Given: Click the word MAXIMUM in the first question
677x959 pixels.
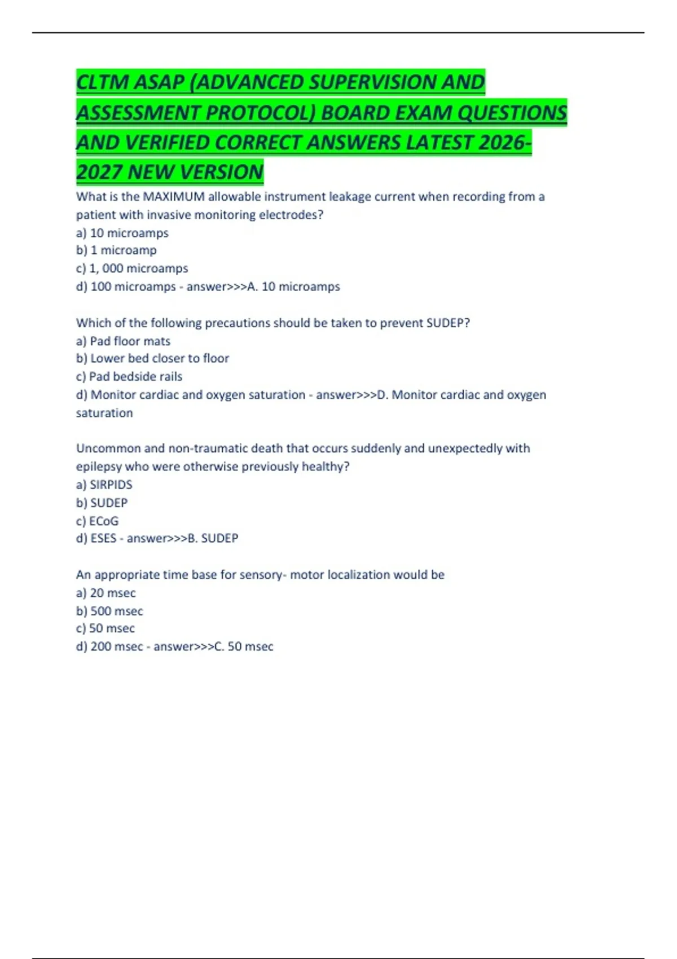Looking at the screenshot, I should coord(174,197).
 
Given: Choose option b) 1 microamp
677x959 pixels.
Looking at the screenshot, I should coord(116,250).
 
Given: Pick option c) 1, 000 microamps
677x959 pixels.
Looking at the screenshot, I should coord(132,268).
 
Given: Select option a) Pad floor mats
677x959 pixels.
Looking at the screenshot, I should coord(123,341).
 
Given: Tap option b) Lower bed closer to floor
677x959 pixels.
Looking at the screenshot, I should coord(152,358).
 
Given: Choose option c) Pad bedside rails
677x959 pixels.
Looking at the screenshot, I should coord(129,376).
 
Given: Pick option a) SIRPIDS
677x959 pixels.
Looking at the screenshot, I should coord(104,485).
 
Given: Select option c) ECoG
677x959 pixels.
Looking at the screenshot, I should coord(98,521).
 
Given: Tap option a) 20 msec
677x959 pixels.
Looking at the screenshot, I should coord(106,593).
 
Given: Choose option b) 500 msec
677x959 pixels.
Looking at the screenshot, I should coord(109,611).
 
